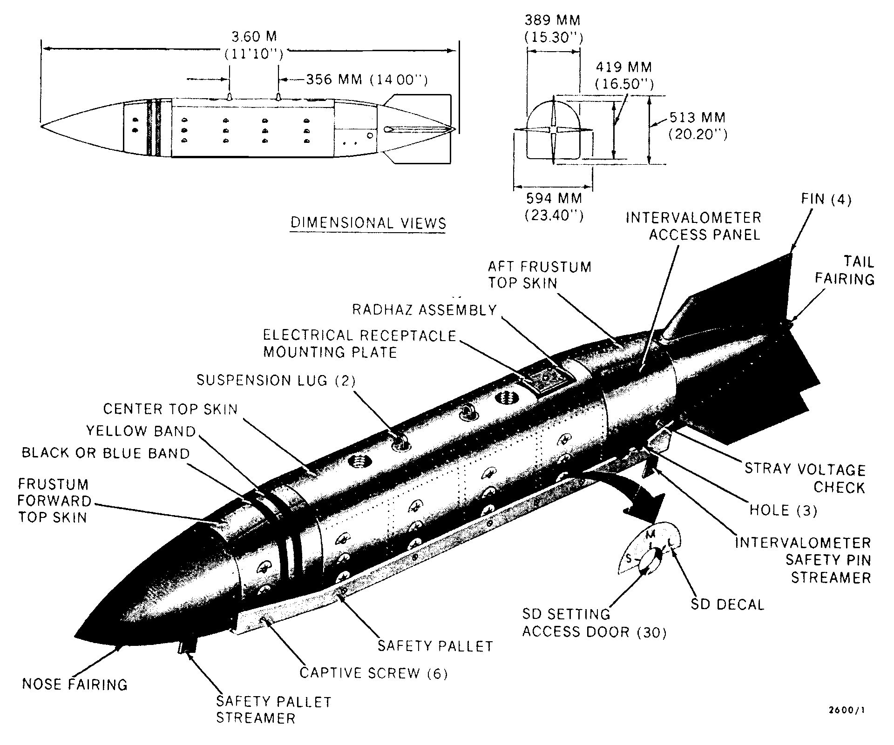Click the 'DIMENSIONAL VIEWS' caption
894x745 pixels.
tap(368, 222)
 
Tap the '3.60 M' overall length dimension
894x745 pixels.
tap(254, 37)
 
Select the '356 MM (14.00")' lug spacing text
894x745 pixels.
tap(366, 80)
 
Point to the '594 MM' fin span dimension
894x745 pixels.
tap(554, 199)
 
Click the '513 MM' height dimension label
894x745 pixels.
tap(697, 117)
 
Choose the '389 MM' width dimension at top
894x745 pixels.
tap(553, 20)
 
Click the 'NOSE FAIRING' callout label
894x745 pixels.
tap(74, 685)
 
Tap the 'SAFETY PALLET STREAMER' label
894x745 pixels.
tap(274, 710)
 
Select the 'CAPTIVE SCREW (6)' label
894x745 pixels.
tap(373, 673)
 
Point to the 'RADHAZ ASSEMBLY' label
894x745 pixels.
tap(424, 310)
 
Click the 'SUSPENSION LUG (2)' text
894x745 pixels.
tap(276, 380)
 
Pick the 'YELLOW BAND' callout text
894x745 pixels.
tap(141, 431)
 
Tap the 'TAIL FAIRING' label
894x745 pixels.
tap(844, 270)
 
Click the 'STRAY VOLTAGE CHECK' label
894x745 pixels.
tap(805, 478)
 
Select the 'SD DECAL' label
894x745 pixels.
tap(727, 605)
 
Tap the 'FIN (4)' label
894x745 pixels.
tap(826, 200)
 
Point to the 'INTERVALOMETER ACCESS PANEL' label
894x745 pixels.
tap(693, 226)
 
